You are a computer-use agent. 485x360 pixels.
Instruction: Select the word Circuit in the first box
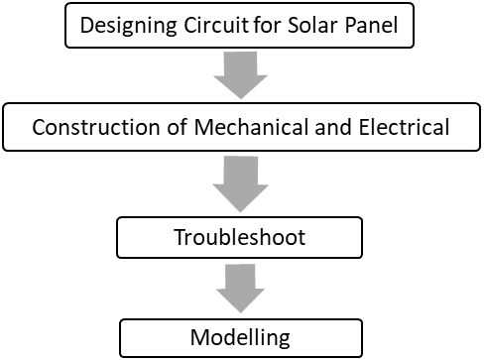211,26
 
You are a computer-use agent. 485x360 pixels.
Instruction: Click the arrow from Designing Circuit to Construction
241,76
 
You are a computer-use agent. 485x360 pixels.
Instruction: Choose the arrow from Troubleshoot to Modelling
241,287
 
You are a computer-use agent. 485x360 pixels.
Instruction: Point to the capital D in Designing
85,26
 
